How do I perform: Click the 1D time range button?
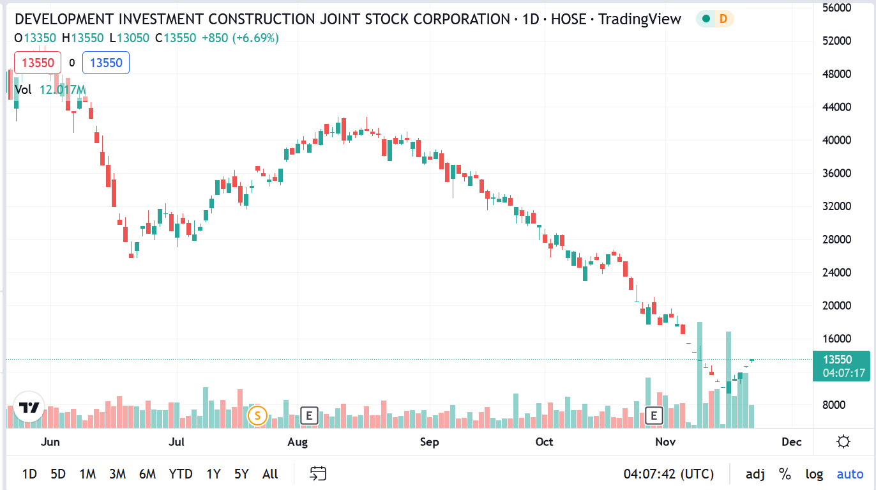pos(29,474)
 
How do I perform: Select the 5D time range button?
pos(58,474)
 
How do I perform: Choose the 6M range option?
pos(147,474)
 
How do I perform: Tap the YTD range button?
pos(181,474)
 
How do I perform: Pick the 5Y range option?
pos(241,474)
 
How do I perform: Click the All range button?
pos(270,474)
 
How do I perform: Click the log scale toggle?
pos(814,474)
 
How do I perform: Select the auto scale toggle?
pos(850,474)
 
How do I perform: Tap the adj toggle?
pos(755,474)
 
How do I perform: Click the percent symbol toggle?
pos(785,474)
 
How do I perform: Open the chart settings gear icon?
pos(843,442)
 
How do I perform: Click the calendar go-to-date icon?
pos(318,473)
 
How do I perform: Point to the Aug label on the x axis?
pos(298,442)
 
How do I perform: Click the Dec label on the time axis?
pos(792,442)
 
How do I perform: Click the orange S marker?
pos(257,416)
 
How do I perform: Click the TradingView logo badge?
pos(29,408)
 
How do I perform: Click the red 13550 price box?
pos(39,63)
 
